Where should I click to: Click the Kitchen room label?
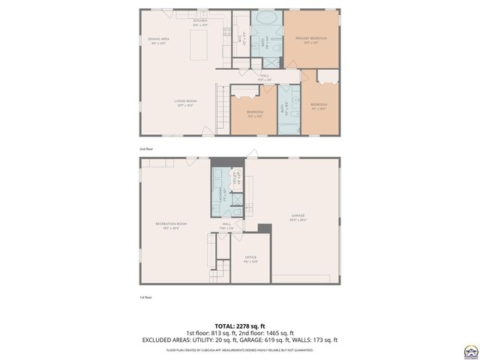pyautogui.click(x=199, y=22)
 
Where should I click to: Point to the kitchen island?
pyautogui.click(x=199, y=47)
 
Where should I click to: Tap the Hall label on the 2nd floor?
pyautogui.click(x=265, y=76)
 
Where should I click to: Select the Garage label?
pyautogui.click(x=298, y=217)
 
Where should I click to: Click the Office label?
pyautogui.click(x=250, y=259)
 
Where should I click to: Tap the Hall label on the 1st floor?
pyautogui.click(x=226, y=224)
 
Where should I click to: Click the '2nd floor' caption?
pyautogui.click(x=146, y=149)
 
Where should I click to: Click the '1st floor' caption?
pyautogui.click(x=145, y=298)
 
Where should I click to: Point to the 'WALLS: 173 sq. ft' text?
pyautogui.click(x=319, y=340)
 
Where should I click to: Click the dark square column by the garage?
pyautogui.click(x=263, y=229)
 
